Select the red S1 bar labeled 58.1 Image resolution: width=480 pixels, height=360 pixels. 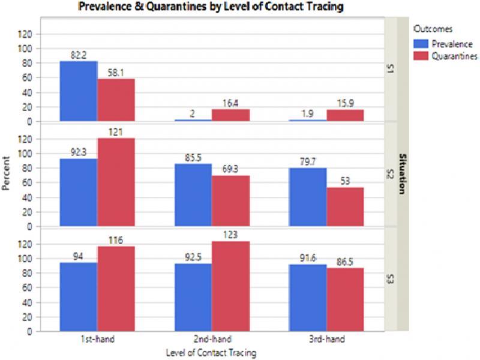[116, 100]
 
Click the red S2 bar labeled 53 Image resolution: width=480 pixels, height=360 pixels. [345, 207]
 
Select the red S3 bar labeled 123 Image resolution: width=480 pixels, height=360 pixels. [230, 286]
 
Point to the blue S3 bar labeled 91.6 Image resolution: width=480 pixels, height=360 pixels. [307, 298]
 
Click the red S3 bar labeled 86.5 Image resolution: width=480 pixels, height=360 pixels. [345, 299]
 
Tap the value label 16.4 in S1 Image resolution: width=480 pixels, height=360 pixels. [230, 103]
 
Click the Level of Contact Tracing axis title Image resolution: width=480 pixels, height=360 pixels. [211, 353]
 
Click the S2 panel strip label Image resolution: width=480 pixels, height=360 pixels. [390, 175]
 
